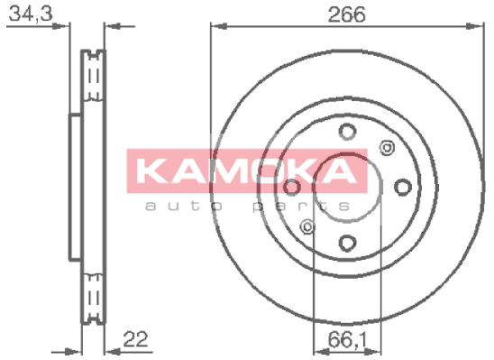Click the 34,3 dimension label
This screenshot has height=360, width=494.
[x=31, y=14]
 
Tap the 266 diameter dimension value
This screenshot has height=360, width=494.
[x=346, y=14]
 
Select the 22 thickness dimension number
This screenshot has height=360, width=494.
[x=135, y=339]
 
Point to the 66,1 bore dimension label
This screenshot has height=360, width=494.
[x=347, y=340]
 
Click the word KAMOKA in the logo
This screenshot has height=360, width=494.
[x=247, y=171]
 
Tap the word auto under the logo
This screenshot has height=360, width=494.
[x=184, y=206]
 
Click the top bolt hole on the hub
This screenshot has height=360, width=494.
[x=347, y=131]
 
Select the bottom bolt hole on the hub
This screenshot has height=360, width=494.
[x=347, y=243]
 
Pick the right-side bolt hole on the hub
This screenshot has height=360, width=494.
[x=403, y=187]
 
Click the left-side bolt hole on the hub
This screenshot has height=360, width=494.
[x=292, y=187]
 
